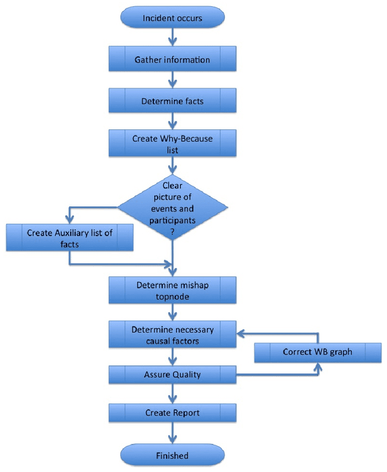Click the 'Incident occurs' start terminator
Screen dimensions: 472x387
172,18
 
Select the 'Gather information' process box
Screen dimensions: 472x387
172,60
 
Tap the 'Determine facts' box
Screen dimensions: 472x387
172,101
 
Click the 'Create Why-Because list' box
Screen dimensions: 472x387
172,143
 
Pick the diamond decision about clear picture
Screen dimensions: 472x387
173,208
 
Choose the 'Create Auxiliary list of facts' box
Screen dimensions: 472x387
70,237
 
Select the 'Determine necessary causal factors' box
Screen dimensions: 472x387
172,335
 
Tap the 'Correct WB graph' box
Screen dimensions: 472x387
317,352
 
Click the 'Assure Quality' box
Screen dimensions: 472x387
172,375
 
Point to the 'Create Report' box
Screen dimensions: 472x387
172,413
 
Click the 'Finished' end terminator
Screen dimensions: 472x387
172,455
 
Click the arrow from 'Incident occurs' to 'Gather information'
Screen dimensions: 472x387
173,37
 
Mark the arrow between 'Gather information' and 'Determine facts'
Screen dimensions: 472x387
173,80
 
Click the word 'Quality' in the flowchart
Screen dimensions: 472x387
186,375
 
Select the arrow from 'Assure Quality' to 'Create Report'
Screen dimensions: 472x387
173,393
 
